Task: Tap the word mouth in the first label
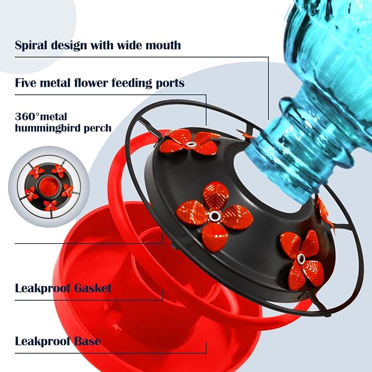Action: [163, 45]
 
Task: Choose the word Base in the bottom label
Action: [88, 341]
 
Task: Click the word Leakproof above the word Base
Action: [42, 341]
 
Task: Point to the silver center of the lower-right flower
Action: [300, 258]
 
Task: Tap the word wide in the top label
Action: [130, 45]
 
